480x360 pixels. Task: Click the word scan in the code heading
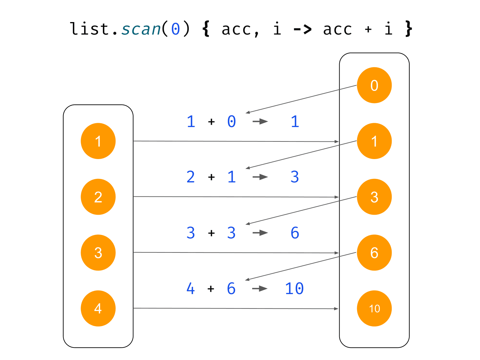[x=141, y=29]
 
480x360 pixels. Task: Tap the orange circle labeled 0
[x=374, y=85]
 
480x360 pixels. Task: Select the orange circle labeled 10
[x=374, y=308]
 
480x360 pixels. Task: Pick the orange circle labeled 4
[x=98, y=308]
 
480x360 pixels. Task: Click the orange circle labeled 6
[x=374, y=253]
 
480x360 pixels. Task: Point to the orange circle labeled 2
[x=98, y=197]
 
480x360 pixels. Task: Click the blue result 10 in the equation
[x=295, y=289]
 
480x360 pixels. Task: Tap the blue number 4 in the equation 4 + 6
[x=190, y=289]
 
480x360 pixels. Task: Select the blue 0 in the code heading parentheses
[x=176, y=29]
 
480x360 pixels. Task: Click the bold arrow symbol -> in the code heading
[x=302, y=29]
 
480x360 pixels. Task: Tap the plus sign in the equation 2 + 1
[x=211, y=177]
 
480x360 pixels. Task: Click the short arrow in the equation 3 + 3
[x=260, y=233]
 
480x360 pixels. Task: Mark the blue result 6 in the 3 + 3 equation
[x=295, y=233]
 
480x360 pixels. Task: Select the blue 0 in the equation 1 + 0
[x=232, y=121]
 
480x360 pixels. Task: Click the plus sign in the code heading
[x=368, y=29]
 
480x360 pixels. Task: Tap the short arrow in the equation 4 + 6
[x=260, y=289]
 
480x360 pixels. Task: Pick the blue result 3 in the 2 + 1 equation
[x=295, y=177]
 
